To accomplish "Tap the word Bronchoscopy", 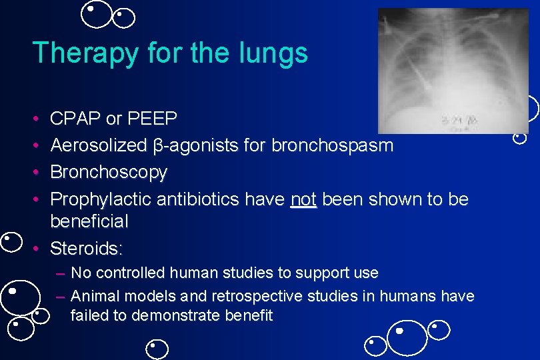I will [x=109, y=172].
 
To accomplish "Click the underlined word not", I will [x=303, y=199].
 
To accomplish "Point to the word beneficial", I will [x=89, y=220].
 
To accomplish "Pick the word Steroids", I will [x=86, y=249].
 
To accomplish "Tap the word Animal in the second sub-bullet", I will [x=93, y=295].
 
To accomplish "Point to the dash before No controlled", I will [x=61, y=273].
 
